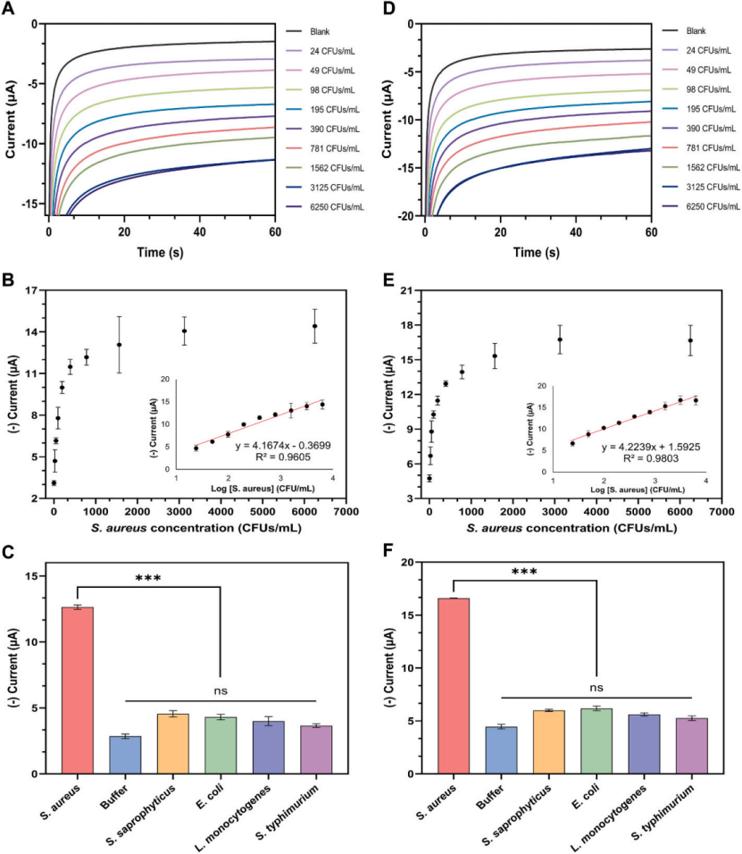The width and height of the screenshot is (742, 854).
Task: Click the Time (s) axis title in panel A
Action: [x=161, y=254]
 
